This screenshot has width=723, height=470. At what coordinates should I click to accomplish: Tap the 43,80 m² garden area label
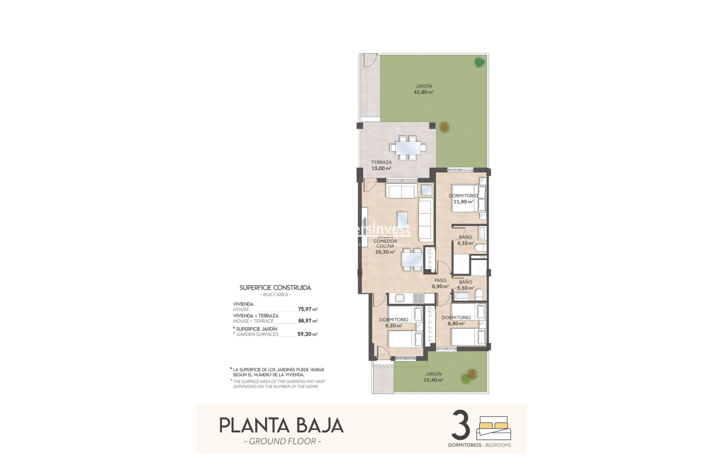tap(423, 92)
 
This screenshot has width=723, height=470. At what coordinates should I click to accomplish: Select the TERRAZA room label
tap(381, 162)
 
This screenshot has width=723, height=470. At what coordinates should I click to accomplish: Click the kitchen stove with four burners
tap(419, 298)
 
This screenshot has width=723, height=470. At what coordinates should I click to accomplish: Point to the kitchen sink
tap(399, 298)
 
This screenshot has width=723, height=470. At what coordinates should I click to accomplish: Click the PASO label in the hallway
tap(440, 280)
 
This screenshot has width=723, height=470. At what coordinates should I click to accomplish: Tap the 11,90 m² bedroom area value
tap(463, 201)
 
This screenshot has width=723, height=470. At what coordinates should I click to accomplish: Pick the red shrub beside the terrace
tap(445, 127)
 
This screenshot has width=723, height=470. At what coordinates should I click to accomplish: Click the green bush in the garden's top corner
tap(479, 62)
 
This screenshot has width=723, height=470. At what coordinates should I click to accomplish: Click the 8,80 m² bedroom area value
tap(456, 323)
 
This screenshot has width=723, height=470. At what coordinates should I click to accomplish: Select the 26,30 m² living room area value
tap(385, 252)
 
